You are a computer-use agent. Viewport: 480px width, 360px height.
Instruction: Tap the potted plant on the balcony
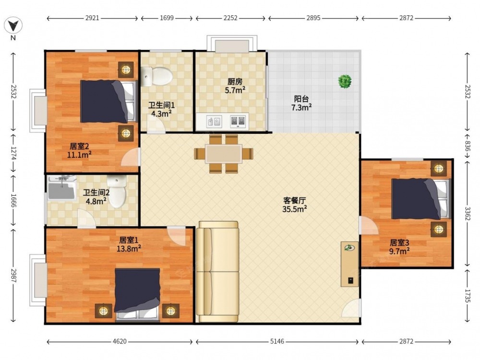[345, 82]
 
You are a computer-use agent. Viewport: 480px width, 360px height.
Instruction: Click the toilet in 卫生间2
[117, 192]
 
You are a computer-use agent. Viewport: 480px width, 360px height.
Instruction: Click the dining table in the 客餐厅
[224, 154]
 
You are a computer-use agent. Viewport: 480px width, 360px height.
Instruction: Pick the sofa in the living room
[217, 272]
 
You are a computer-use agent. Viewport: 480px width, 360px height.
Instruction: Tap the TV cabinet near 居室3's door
[349, 264]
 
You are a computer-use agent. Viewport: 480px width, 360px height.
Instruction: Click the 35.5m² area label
[295, 209]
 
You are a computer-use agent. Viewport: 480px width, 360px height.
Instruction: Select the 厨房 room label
[235, 82]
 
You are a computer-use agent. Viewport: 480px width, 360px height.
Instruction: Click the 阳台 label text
[301, 99]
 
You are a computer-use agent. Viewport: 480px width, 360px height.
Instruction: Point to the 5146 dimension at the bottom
[277, 341]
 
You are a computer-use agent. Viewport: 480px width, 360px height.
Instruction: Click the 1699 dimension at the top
[167, 18]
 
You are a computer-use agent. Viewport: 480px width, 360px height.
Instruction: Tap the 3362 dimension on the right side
[468, 214]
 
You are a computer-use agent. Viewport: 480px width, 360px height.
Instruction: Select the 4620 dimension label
[120, 341]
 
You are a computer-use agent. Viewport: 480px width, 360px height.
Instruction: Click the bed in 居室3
[421, 199]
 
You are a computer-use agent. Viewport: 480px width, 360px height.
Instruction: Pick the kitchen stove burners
[238, 121]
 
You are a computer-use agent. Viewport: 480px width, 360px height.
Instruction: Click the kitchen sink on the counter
[214, 121]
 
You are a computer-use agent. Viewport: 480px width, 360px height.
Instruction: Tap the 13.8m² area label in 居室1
[129, 249]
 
